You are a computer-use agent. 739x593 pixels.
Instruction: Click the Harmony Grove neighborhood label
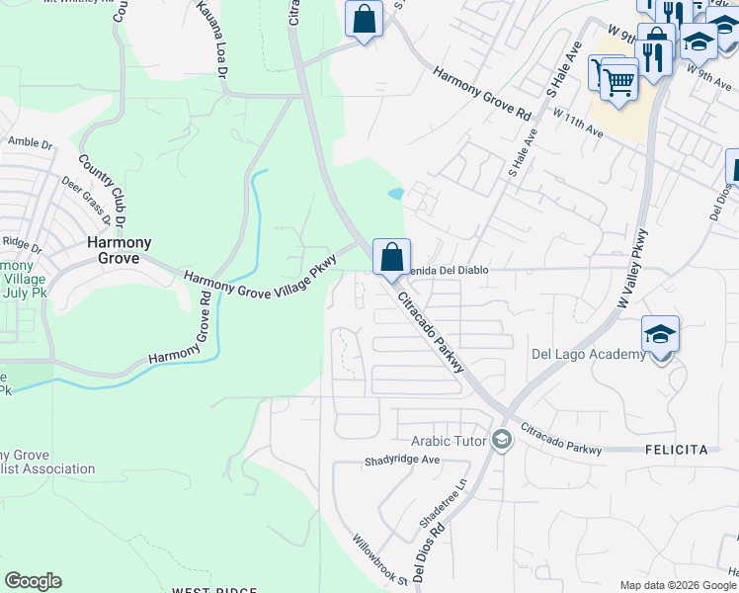pos(119,252)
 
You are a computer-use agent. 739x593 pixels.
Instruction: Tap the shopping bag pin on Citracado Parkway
pos(391,257)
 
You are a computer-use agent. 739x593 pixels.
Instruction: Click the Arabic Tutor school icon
pos(501,439)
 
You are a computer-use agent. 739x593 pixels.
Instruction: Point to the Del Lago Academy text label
pos(588,355)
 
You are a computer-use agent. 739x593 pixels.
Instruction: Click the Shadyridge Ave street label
pos(401,461)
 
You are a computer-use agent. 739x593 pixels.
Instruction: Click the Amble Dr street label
pos(30,142)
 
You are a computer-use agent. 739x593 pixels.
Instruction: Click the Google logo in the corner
pos(33,581)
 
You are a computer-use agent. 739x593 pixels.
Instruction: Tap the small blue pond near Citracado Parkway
pos(396,194)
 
